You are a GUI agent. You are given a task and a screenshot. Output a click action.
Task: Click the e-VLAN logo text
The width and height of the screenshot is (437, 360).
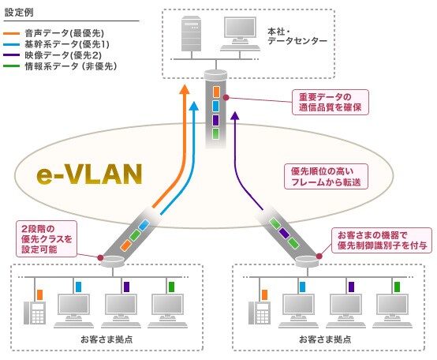point(89,174)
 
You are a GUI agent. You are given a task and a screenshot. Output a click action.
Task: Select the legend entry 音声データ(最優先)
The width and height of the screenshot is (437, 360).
point(65,33)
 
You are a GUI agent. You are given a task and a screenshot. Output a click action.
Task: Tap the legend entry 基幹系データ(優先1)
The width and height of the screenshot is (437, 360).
point(67,44)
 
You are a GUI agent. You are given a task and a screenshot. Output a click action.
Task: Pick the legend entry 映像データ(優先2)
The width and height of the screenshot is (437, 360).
point(63,55)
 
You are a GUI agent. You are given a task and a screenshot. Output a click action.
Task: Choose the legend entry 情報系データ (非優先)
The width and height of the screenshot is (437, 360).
point(71,66)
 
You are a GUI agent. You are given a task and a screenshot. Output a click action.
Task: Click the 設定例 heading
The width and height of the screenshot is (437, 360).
point(19,13)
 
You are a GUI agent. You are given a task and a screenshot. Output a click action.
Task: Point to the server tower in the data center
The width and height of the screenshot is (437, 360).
point(191,34)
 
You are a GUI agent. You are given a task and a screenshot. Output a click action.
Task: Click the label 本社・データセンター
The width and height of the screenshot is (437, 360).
point(297,36)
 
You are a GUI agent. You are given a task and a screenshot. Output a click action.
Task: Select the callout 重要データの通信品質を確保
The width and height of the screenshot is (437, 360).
point(331,102)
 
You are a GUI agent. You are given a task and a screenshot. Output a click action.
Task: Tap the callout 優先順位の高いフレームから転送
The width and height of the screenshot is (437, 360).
point(326,177)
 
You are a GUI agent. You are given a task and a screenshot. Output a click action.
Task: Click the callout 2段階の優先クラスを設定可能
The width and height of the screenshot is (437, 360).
point(47,239)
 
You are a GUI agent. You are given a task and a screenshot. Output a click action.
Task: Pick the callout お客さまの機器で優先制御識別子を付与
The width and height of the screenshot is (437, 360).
point(382,240)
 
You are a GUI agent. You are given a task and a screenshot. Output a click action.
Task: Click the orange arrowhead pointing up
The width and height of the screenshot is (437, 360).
point(185,89)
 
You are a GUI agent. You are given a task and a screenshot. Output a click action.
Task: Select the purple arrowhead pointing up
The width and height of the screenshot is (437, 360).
point(236,115)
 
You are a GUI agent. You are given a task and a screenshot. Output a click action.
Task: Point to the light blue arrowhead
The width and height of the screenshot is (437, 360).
point(194,107)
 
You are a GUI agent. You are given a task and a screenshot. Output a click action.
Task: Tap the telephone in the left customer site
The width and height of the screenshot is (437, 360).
point(35,313)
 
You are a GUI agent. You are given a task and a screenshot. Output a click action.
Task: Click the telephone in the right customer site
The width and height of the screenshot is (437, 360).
point(260,313)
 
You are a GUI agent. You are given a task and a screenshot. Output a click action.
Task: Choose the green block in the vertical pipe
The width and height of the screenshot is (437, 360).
point(215,133)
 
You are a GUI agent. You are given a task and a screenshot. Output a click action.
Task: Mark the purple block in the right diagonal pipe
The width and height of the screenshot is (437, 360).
point(284,233)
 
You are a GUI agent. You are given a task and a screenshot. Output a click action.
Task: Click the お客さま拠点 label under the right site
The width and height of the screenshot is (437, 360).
point(325,339)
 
